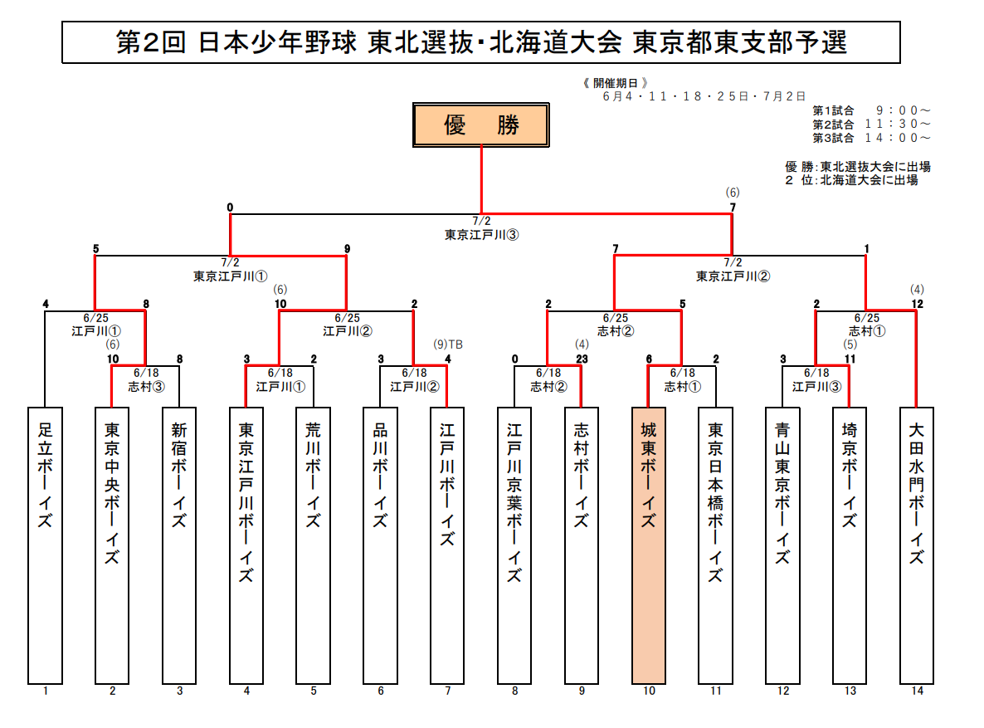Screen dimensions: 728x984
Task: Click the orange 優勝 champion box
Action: coord(481,125)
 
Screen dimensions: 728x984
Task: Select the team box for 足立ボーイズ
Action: coord(46,545)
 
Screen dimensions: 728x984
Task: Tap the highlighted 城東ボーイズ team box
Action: coord(649,545)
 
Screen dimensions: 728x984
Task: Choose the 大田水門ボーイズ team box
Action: coord(916,545)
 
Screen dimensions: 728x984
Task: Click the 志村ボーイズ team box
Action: coord(582,545)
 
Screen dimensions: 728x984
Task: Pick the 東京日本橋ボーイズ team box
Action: coord(716,545)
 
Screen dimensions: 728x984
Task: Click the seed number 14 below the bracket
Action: coord(916,691)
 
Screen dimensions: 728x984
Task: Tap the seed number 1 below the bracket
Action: coord(46,691)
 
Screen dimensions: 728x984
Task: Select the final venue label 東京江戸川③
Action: coord(481,235)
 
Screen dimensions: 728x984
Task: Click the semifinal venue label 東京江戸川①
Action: coord(230,276)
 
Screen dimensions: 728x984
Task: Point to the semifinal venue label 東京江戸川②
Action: coord(733,276)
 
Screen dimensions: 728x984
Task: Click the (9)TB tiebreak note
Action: coord(448,344)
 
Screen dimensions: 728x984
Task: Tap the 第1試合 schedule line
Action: coord(871,110)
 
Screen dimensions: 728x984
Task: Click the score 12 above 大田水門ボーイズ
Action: coord(916,303)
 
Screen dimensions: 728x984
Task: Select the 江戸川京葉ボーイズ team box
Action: coord(514,545)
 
